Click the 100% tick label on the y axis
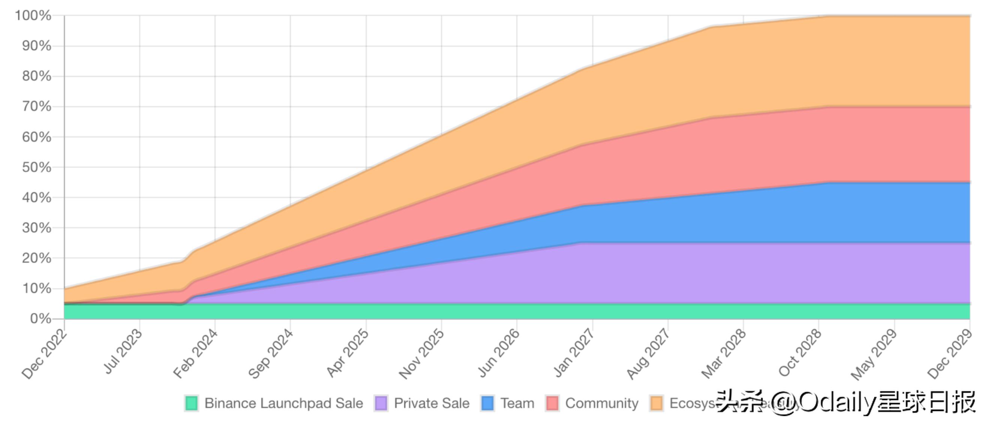pos(33,16)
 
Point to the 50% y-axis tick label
pos(36,168)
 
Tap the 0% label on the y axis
pos(40,319)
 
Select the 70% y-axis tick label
pos(36,106)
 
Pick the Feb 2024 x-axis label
pos(195,354)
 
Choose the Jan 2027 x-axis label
pos(573,352)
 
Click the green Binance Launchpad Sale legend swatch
pos(191,403)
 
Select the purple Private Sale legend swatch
pos(381,403)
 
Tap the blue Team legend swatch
pos(487,403)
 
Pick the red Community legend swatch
pos(552,403)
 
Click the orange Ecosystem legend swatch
pos(657,403)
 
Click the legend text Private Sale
pos(431,403)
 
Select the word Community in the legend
pos(601,403)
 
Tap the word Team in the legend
pos(517,403)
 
